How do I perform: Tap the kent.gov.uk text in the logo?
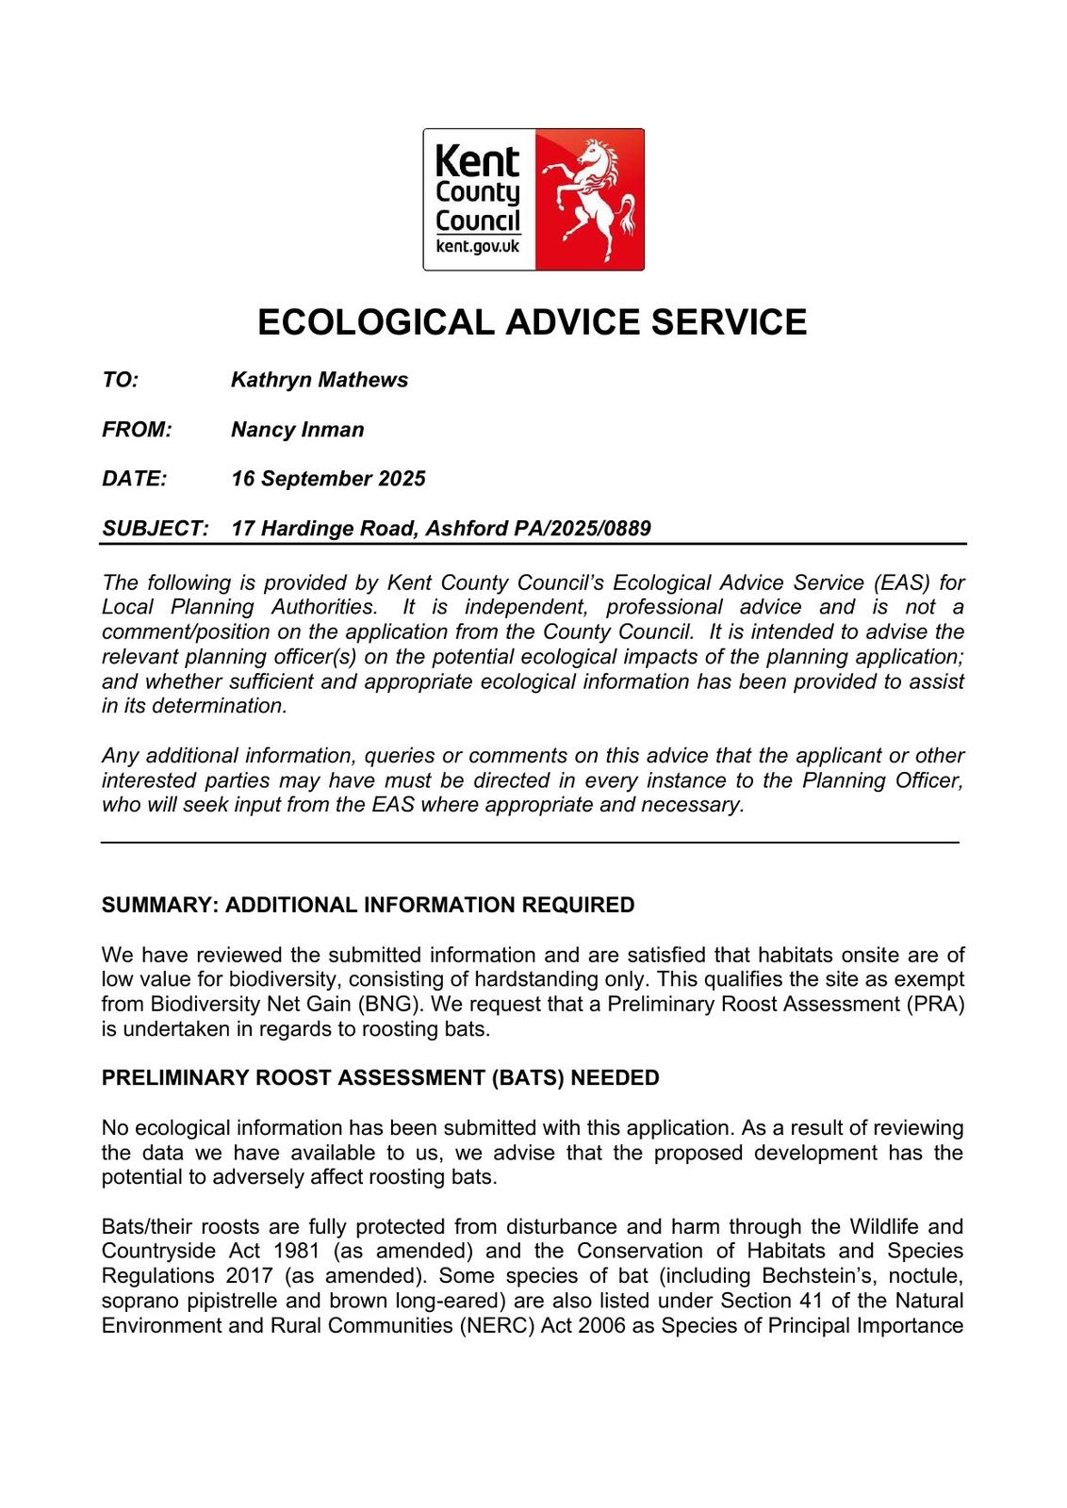point(478,247)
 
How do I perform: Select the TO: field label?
point(121,380)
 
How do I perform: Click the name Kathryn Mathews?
point(320,380)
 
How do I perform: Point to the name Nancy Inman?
point(297,430)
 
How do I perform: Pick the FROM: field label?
point(137,430)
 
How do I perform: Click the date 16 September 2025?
point(328,479)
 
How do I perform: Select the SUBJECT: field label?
point(155,528)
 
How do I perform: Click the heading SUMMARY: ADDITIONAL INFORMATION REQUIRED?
point(368,905)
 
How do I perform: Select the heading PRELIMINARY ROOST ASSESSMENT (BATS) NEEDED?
point(380,1077)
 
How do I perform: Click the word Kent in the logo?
point(477,162)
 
